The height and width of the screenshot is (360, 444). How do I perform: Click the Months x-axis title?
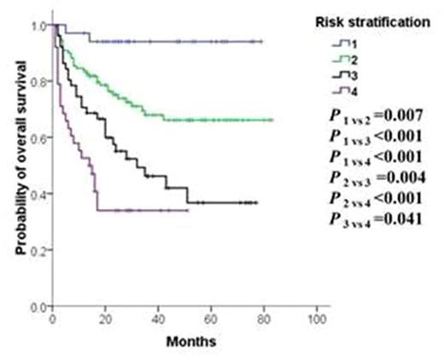point(185,340)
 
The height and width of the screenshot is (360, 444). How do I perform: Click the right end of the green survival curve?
point(272,120)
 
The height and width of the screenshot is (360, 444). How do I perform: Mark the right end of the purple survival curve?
point(187,210)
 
